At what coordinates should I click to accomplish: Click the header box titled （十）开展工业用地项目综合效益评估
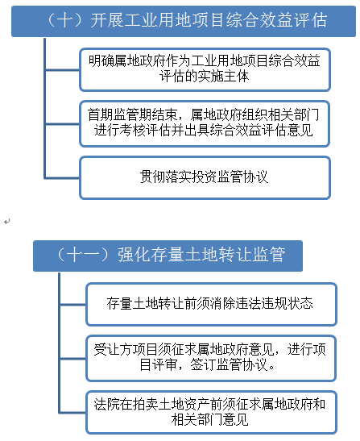(x=184, y=22)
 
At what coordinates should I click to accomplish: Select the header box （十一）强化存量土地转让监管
(x=168, y=256)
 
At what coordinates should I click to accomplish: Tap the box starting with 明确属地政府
(x=205, y=70)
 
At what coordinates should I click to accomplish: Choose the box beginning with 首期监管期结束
(x=205, y=123)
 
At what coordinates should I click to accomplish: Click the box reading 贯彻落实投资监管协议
(x=205, y=177)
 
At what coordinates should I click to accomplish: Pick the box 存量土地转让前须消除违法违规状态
(x=211, y=304)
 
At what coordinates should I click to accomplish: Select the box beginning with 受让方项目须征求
(x=211, y=358)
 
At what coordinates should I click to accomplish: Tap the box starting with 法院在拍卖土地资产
(x=211, y=412)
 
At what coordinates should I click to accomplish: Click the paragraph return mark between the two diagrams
(x=7, y=222)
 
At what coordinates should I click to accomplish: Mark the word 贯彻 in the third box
(x=152, y=177)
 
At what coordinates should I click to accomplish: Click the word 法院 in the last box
(x=106, y=404)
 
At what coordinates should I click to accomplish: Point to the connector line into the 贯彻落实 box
(x=62, y=177)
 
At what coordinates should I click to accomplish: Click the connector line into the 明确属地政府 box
(x=62, y=70)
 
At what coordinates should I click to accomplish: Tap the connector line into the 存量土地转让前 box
(x=73, y=304)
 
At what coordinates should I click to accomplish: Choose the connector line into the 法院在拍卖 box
(x=73, y=413)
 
